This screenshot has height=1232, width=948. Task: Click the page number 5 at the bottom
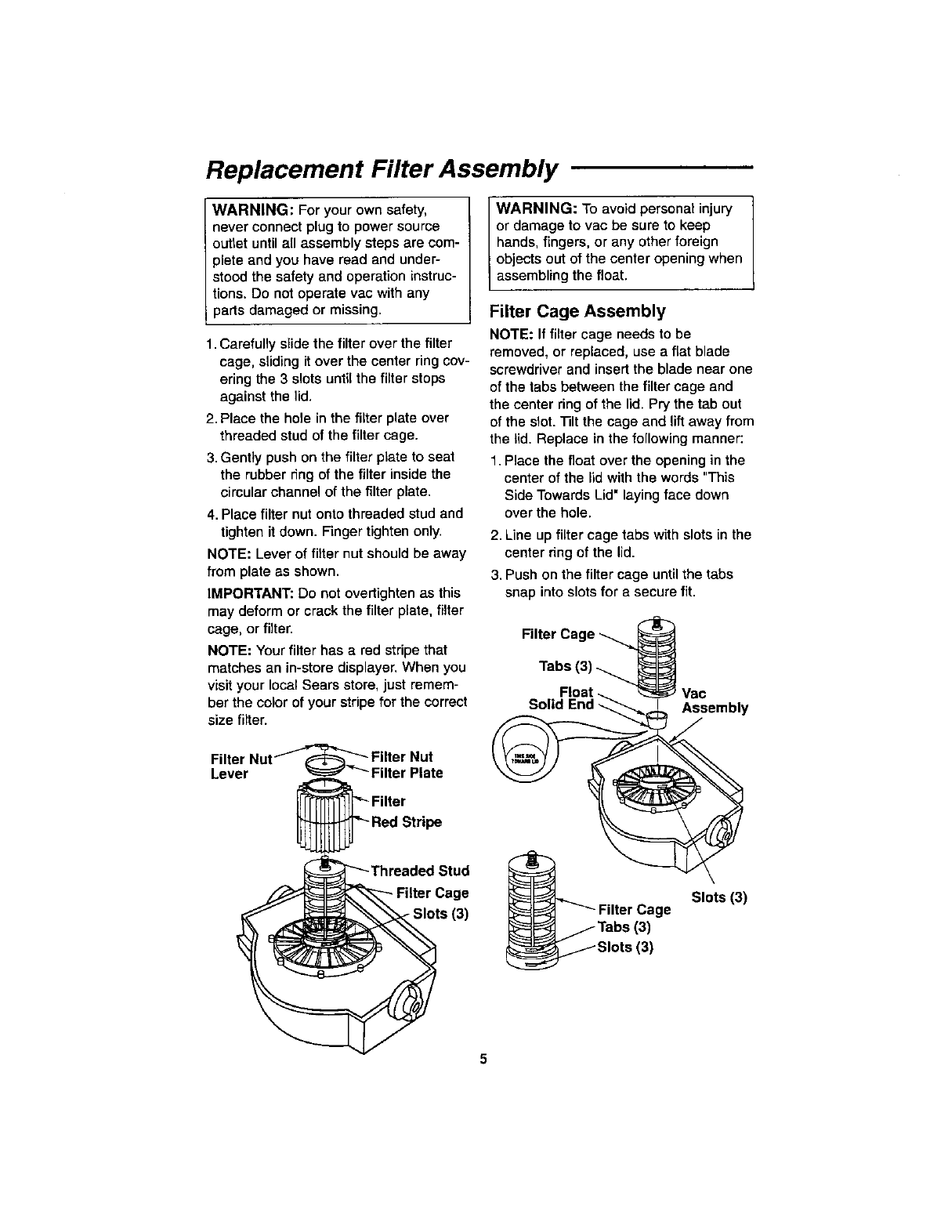click(483, 1060)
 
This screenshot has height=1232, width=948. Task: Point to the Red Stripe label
click(406, 822)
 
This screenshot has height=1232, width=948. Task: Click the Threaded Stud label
click(420, 871)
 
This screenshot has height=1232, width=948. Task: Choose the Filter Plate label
click(407, 773)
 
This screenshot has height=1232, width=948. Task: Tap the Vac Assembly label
click(715, 701)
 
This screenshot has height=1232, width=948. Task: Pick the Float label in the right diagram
click(576, 691)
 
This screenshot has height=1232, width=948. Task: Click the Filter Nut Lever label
click(240, 766)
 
